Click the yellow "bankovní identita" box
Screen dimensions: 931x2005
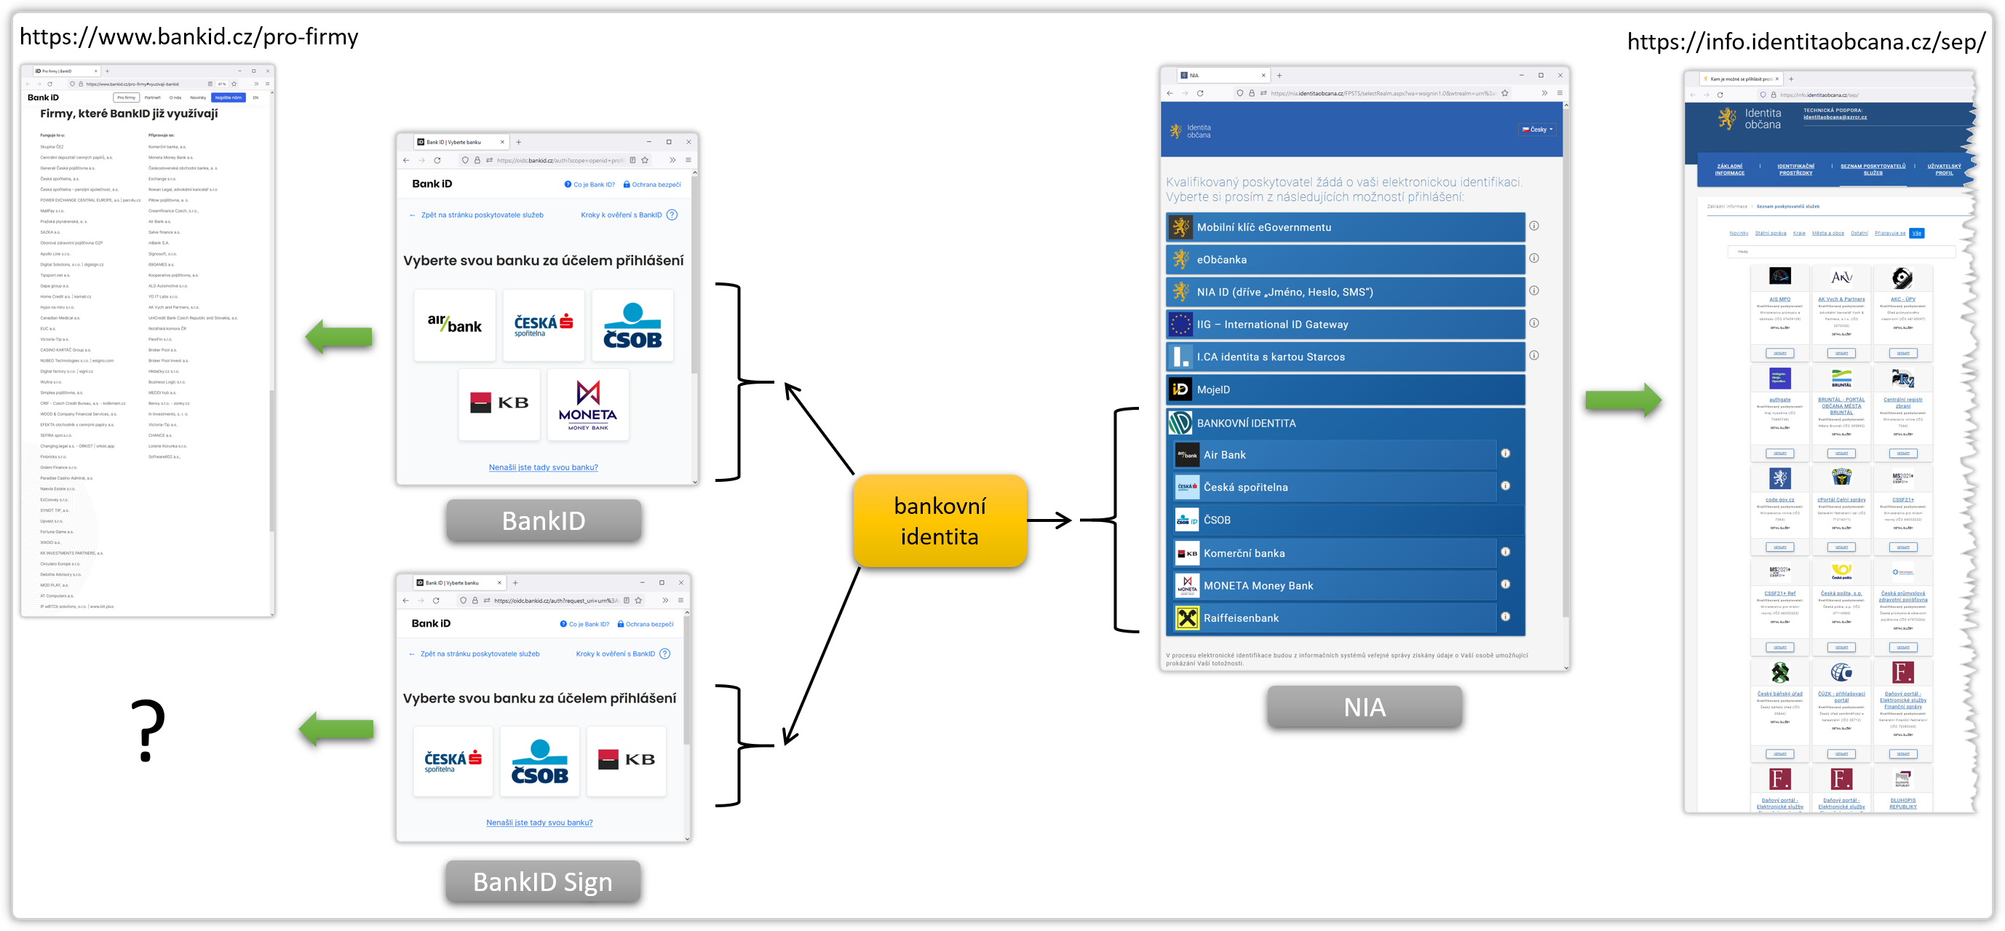[x=940, y=520]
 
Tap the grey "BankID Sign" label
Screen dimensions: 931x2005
[x=542, y=882]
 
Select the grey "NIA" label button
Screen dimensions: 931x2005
[x=1364, y=707]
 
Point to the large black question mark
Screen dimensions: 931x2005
[x=147, y=730]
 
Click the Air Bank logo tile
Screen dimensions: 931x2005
[x=455, y=325]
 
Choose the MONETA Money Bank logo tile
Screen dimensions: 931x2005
[x=587, y=405]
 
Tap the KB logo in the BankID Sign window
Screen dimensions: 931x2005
[x=626, y=760]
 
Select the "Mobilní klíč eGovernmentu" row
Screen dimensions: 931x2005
[x=1345, y=227]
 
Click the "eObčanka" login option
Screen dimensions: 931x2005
[x=1345, y=260]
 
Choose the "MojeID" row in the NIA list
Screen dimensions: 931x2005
[x=1345, y=389]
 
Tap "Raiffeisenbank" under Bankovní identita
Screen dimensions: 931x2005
[x=1335, y=618]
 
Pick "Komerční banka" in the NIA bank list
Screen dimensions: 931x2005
[x=1335, y=553]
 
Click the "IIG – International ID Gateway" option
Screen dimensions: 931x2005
[x=1345, y=325]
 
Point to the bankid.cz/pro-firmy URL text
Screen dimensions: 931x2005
[x=189, y=37]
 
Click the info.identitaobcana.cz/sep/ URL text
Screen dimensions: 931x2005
[x=1806, y=42]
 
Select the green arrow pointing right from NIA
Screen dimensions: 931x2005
[x=1623, y=400]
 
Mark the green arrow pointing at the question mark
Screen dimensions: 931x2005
[x=337, y=729]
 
